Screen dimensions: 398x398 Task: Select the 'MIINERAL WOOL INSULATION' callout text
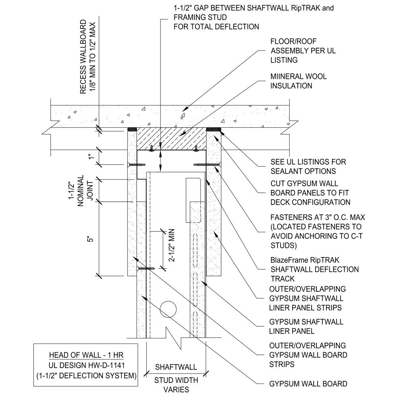[298, 81]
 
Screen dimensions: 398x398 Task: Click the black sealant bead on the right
[213, 129]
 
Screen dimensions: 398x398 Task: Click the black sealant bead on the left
[132, 129]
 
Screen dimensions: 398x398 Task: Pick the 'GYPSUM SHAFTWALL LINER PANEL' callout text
[306, 326]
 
